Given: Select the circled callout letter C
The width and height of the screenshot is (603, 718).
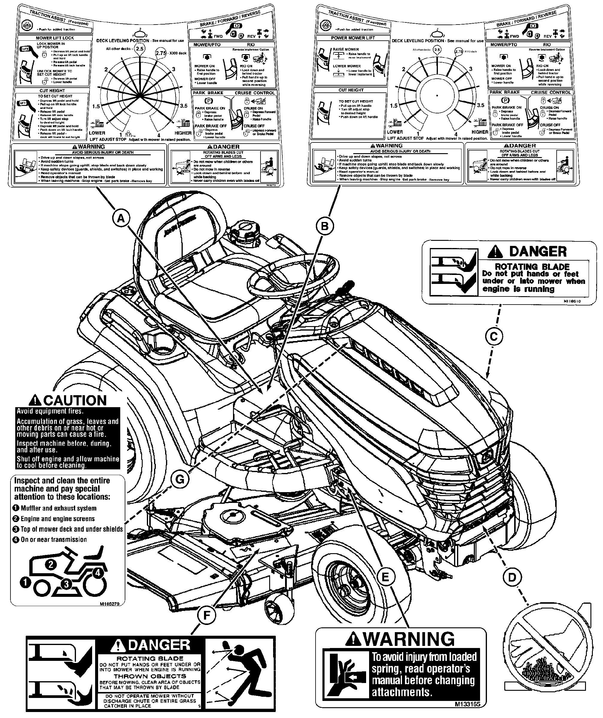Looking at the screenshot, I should (x=494, y=337).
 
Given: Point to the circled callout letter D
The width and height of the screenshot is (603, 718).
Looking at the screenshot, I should (x=512, y=577).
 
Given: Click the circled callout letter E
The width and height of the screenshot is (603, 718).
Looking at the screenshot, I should (x=385, y=577).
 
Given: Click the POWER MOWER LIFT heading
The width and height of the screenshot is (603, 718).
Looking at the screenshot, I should (x=353, y=38).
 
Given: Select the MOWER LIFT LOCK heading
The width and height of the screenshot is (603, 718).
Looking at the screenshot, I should (x=55, y=38).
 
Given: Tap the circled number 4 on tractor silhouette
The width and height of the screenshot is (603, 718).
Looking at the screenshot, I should (x=98, y=572).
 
